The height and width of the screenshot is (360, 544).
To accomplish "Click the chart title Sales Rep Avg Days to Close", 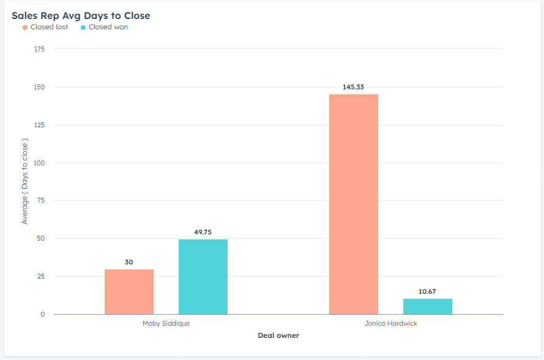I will pyautogui.click(x=81, y=15).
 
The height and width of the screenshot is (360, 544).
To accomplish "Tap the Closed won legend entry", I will pyautogui.click(x=108, y=27).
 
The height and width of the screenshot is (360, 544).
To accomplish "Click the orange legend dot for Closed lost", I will pyautogui.click(x=25, y=28).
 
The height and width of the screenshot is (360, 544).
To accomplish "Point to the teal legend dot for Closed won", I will pyautogui.click(x=83, y=28).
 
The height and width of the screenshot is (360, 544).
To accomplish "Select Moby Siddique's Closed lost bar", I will pyautogui.click(x=129, y=291).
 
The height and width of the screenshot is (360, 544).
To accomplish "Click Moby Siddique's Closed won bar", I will pyautogui.click(x=203, y=277).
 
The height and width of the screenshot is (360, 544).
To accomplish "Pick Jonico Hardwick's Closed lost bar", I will pyautogui.click(x=354, y=204).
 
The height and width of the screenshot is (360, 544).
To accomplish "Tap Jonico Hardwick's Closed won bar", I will pyautogui.click(x=428, y=306).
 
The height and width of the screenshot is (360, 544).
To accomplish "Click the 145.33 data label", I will pyautogui.click(x=354, y=87).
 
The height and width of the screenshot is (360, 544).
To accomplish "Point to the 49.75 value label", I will pyautogui.click(x=203, y=232).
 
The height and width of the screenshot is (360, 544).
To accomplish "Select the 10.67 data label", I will pyautogui.click(x=428, y=291).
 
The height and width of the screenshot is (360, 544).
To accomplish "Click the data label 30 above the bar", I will pyautogui.click(x=129, y=262).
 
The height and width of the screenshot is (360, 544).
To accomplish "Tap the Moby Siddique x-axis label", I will pyautogui.click(x=166, y=323).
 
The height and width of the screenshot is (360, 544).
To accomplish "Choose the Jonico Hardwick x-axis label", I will pyautogui.click(x=390, y=323).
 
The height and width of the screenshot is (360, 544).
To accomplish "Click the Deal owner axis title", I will pyautogui.click(x=278, y=336).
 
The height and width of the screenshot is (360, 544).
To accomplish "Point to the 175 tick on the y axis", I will pyautogui.click(x=39, y=49).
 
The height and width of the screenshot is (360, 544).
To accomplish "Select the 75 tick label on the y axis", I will pyautogui.click(x=41, y=201).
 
